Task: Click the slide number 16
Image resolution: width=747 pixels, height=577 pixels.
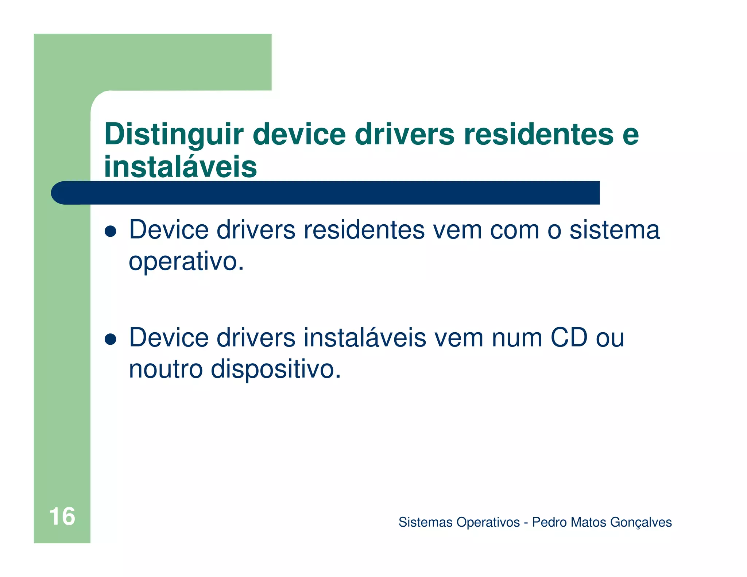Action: click(x=62, y=516)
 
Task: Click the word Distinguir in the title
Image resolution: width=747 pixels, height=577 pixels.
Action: click(x=174, y=135)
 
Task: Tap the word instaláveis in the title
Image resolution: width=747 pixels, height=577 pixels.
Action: click(x=181, y=167)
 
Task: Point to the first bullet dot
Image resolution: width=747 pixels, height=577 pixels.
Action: click(x=110, y=231)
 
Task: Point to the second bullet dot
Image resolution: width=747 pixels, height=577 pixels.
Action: click(x=110, y=339)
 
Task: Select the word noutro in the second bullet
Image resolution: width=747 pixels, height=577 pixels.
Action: click(x=166, y=369)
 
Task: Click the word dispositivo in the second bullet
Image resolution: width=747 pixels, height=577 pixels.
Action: click(x=276, y=369)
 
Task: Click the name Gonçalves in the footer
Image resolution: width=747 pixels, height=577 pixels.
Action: click(x=641, y=522)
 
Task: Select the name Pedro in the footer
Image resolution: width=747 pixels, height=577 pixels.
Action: click(x=549, y=522)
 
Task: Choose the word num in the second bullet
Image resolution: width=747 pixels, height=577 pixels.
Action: click(x=516, y=337)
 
